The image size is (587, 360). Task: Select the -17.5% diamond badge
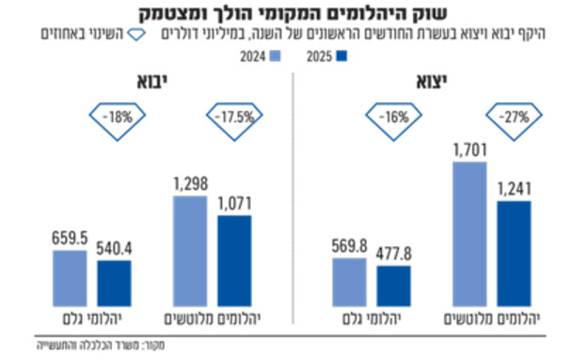pos(231,119)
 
